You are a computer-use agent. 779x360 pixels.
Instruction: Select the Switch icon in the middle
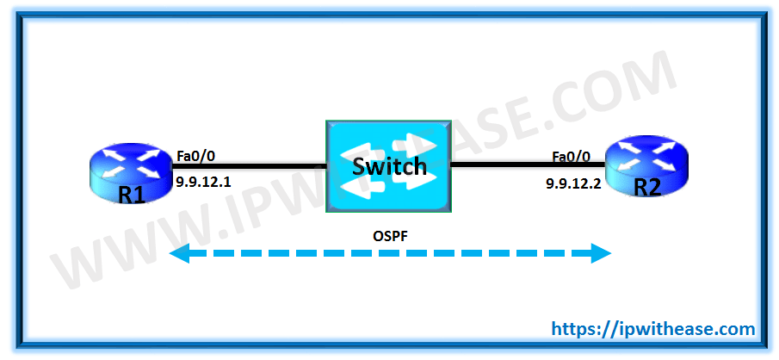pos(388,166)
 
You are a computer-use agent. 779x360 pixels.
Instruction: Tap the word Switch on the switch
pos(388,165)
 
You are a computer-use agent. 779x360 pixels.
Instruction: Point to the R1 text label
pos(131,195)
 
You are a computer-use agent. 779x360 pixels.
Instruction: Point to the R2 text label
pos(646,187)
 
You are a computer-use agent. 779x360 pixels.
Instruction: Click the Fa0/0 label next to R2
pos(572,157)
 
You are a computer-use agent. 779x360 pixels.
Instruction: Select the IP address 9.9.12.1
pos(205,182)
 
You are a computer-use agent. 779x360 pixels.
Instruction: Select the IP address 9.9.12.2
pos(574,183)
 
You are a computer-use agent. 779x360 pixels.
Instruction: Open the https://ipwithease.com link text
pos(652,328)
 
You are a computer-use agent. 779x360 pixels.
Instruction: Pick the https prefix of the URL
pos(572,328)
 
